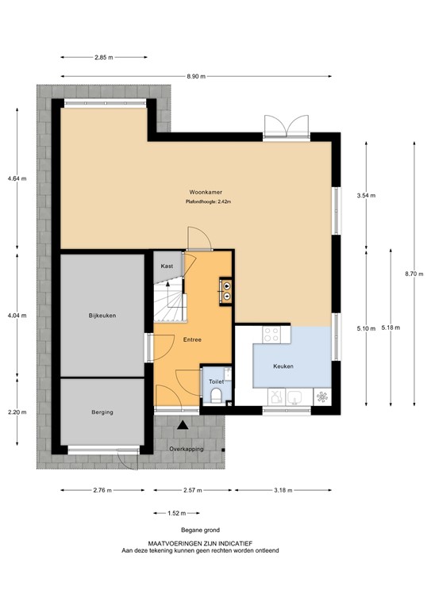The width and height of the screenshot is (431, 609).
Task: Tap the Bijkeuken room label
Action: pyautogui.click(x=102, y=316)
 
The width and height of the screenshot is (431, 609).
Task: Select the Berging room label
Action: pyautogui.click(x=102, y=412)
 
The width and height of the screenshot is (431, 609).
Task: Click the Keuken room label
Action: pyautogui.click(x=283, y=366)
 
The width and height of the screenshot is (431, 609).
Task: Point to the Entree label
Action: pyautogui.click(x=192, y=340)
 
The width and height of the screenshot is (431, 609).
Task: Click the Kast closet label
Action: pyautogui.click(x=167, y=266)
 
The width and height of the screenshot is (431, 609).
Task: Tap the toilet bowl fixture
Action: pyautogui.click(x=216, y=398)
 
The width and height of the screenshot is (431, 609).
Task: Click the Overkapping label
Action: pyautogui.click(x=187, y=450)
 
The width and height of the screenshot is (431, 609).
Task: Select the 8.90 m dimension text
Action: pyautogui.click(x=196, y=76)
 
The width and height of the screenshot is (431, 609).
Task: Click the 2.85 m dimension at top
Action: pyautogui.click(x=104, y=58)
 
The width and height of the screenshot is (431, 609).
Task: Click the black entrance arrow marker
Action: pyautogui.click(x=183, y=426)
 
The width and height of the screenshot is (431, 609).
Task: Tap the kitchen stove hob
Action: pyautogui.click(x=272, y=334)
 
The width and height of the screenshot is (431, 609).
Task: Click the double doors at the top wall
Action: pyautogui.click(x=285, y=127)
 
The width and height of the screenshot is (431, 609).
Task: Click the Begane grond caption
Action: pyautogui.click(x=199, y=530)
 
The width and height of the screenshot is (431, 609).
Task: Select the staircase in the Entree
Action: pyautogui.click(x=169, y=301)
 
